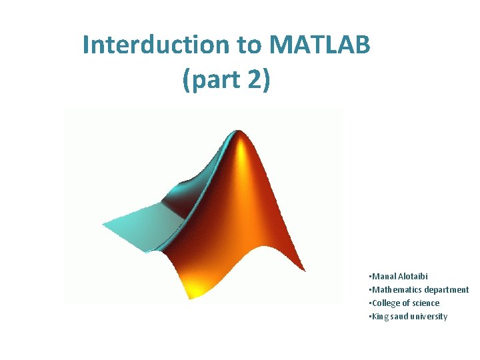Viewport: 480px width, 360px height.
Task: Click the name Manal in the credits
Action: point(383,276)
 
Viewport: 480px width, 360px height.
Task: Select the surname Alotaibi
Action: point(413,276)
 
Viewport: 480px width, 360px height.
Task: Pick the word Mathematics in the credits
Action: point(394,289)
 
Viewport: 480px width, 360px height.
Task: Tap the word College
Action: point(385,303)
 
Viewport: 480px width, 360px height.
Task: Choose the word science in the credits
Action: point(425,303)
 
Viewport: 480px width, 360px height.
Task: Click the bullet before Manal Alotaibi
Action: point(369,276)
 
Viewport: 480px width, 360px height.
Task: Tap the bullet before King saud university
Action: point(369,317)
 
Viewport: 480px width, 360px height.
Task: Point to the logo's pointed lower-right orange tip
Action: point(304,270)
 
